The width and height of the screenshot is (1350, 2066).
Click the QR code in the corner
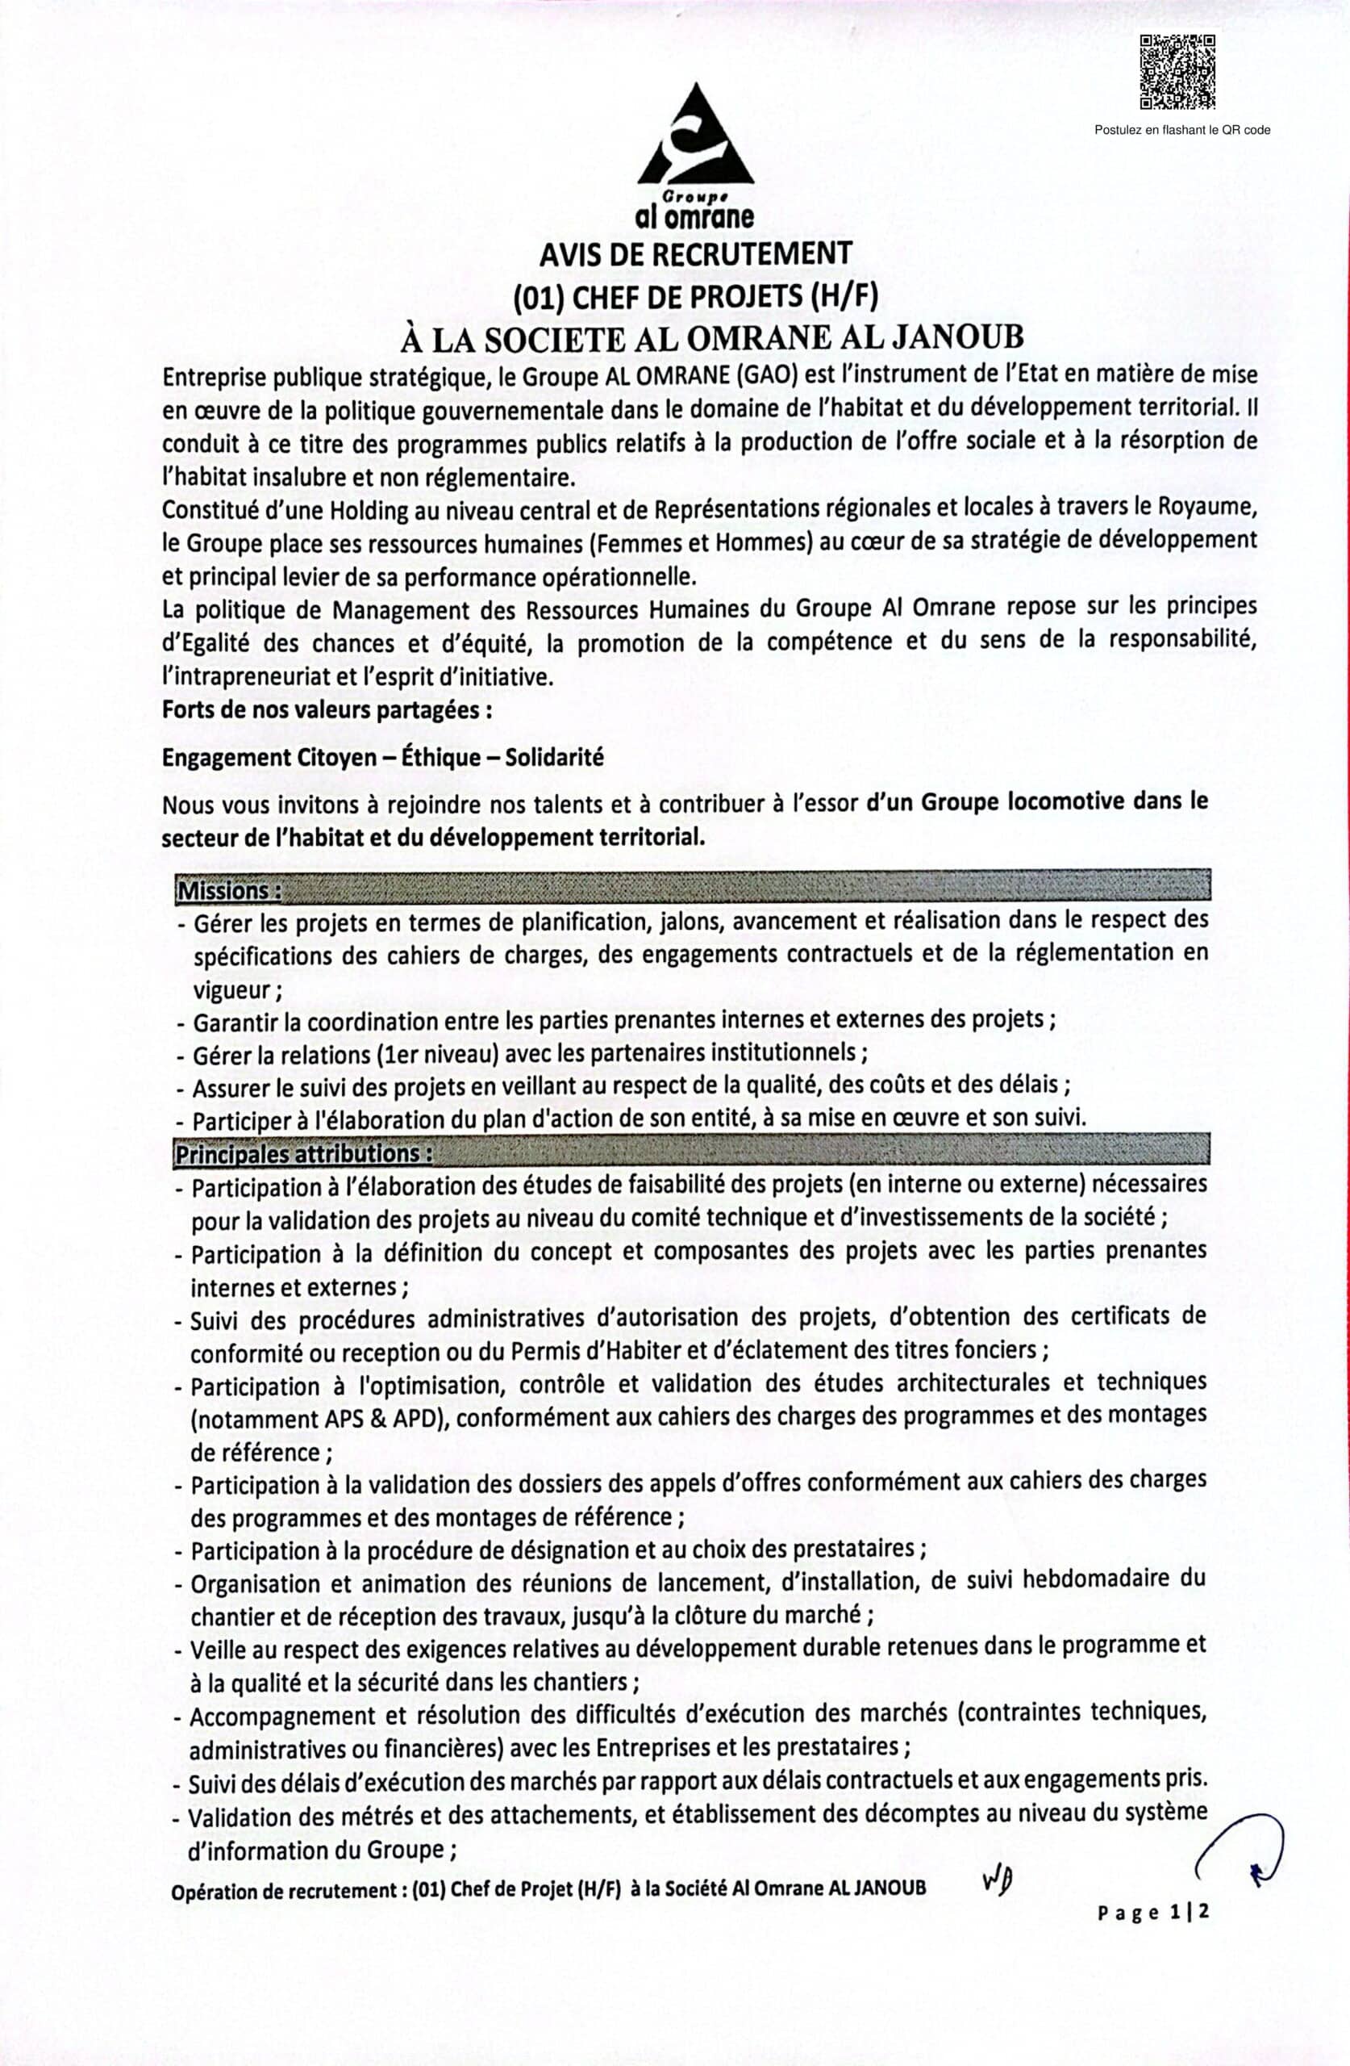click(1177, 72)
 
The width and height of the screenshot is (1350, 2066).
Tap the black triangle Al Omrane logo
click(695, 136)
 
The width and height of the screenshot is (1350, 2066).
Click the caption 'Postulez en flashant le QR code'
click(1181, 130)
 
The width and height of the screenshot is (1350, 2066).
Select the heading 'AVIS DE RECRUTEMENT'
click(695, 254)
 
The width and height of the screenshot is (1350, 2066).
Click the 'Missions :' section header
click(229, 892)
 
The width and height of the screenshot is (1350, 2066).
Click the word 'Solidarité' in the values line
click(553, 758)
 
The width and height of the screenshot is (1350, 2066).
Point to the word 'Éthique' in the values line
click(443, 758)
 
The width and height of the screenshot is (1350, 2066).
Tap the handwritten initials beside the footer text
click(998, 1880)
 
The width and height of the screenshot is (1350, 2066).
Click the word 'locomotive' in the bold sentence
click(1065, 801)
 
